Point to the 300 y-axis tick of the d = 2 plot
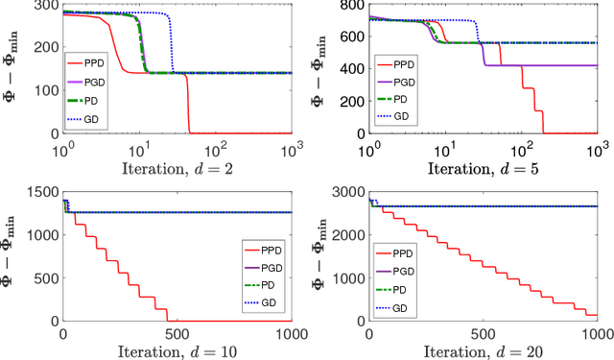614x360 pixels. click(x=45, y=6)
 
